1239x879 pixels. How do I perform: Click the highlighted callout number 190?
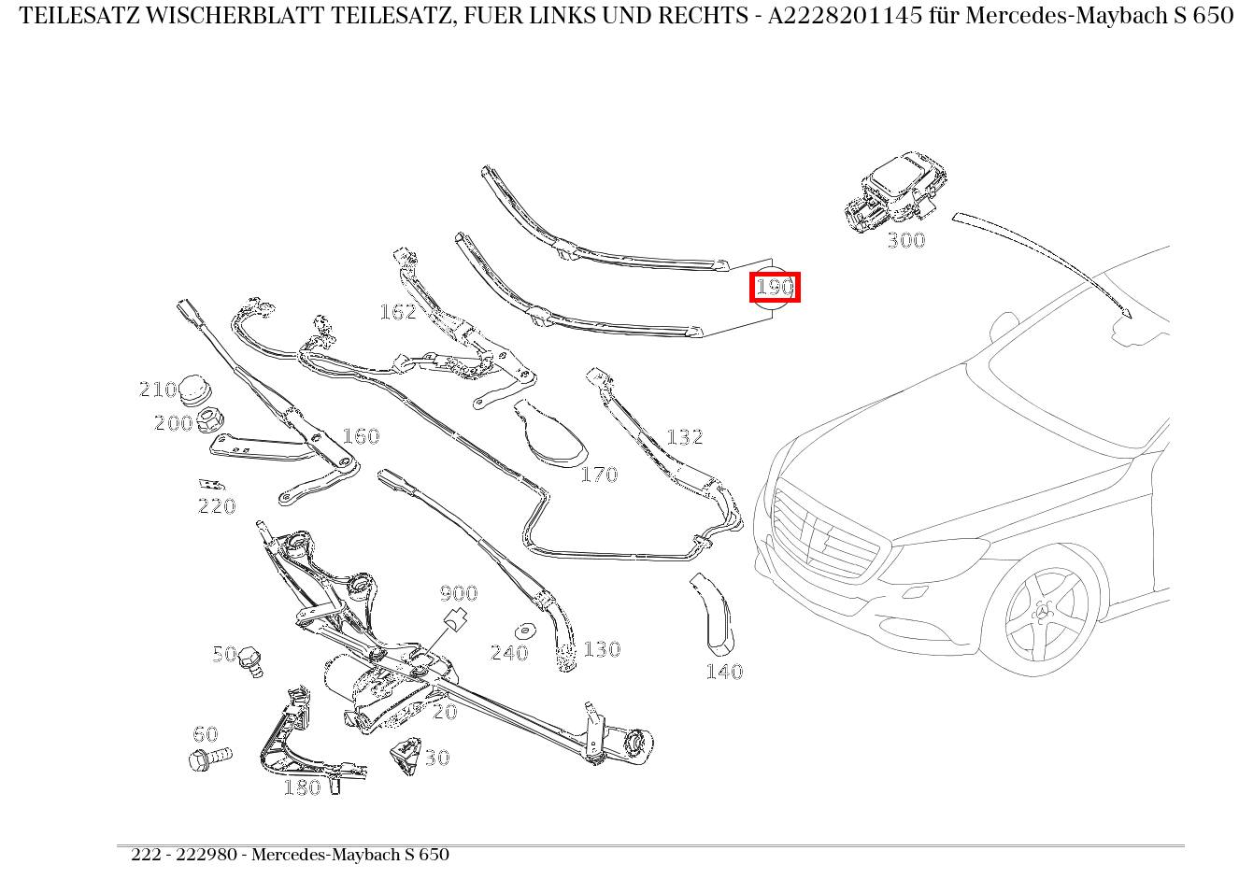pos(775,287)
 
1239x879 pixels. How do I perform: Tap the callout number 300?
pos(905,240)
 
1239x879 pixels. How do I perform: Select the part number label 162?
pos(397,312)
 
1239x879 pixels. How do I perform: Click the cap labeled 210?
pos(194,388)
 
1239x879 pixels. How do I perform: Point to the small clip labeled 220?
pos(210,484)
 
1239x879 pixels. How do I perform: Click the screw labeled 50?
pos(250,661)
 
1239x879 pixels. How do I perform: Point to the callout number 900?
pos(458,593)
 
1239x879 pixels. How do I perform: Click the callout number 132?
pos(684,437)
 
